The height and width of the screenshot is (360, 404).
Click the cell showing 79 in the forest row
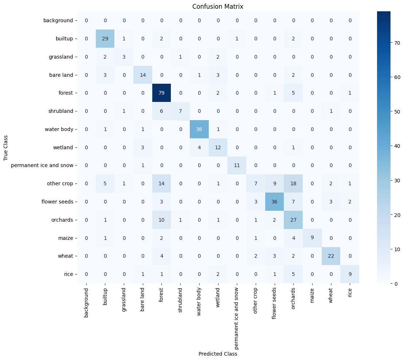pos(162,93)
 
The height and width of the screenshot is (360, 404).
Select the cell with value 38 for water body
pos(199,129)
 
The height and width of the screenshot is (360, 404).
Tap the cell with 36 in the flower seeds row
pos(275,202)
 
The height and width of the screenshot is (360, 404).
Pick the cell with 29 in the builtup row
pos(105,39)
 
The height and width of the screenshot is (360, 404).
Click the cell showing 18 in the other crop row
pos(294,183)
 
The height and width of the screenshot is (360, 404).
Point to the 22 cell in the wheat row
pos(331,256)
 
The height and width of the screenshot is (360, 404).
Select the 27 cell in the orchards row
pos(294,219)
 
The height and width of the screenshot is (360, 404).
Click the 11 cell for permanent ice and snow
pos(237,165)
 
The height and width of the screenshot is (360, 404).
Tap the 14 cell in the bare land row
pos(143,75)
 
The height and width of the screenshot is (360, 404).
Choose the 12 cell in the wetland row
pos(218,147)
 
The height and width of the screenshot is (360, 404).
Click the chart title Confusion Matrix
pos(218,7)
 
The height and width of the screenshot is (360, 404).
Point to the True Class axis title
pos(5,147)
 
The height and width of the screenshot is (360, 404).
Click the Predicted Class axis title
pos(218,353)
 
